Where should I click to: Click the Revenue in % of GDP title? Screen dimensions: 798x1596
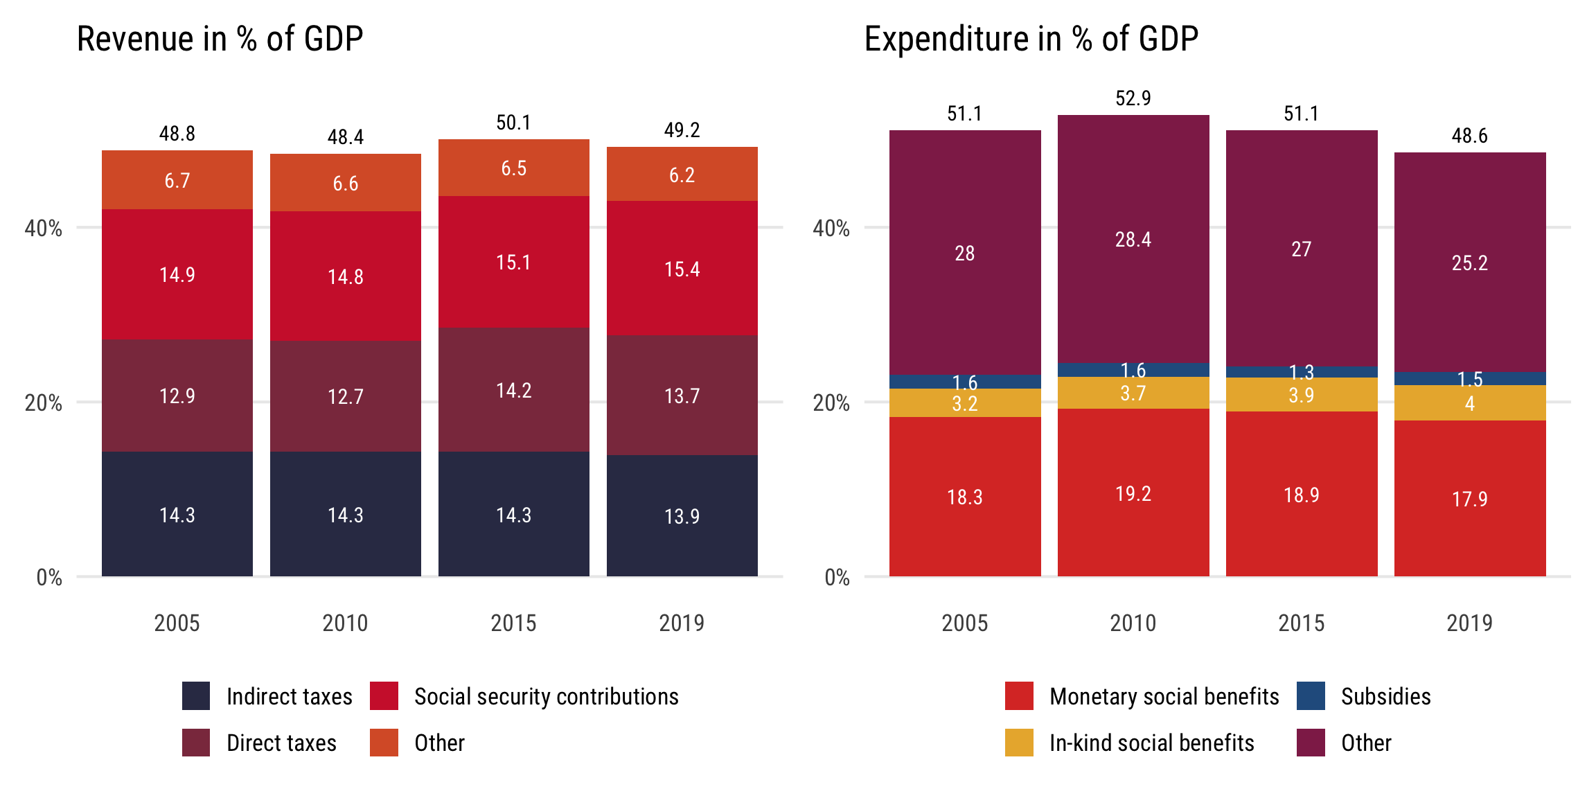[x=220, y=39]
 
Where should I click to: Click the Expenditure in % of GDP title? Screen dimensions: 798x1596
[x=1031, y=39]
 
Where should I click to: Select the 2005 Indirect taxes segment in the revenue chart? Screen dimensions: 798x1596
[x=177, y=514]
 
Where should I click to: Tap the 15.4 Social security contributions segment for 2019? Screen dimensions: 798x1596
[x=682, y=269]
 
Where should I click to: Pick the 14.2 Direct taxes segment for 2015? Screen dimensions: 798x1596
[x=513, y=390]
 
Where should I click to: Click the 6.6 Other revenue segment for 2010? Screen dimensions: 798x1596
[x=345, y=183]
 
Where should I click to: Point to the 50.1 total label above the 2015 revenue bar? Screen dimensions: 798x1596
[x=513, y=123]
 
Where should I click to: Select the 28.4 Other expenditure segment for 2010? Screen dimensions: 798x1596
[x=1133, y=240]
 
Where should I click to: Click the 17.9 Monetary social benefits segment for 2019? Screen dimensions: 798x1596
[x=1469, y=499]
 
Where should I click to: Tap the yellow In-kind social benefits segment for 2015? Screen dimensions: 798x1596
[x=1302, y=395]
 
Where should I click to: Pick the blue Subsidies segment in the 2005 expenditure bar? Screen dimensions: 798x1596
[x=965, y=382]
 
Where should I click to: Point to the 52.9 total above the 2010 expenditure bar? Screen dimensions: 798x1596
[x=1133, y=98]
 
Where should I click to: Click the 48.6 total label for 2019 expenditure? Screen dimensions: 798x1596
[x=1469, y=136]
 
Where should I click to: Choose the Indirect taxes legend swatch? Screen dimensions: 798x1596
[x=196, y=696]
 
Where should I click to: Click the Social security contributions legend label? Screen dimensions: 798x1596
[x=546, y=696]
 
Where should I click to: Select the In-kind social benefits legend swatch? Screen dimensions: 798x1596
[x=1019, y=743]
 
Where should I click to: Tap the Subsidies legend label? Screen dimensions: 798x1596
[x=1385, y=696]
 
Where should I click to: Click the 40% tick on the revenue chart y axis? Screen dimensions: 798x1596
[x=44, y=228]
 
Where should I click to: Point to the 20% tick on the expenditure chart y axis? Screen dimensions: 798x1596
[x=831, y=402]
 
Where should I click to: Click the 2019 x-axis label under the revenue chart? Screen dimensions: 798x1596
[x=682, y=623]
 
